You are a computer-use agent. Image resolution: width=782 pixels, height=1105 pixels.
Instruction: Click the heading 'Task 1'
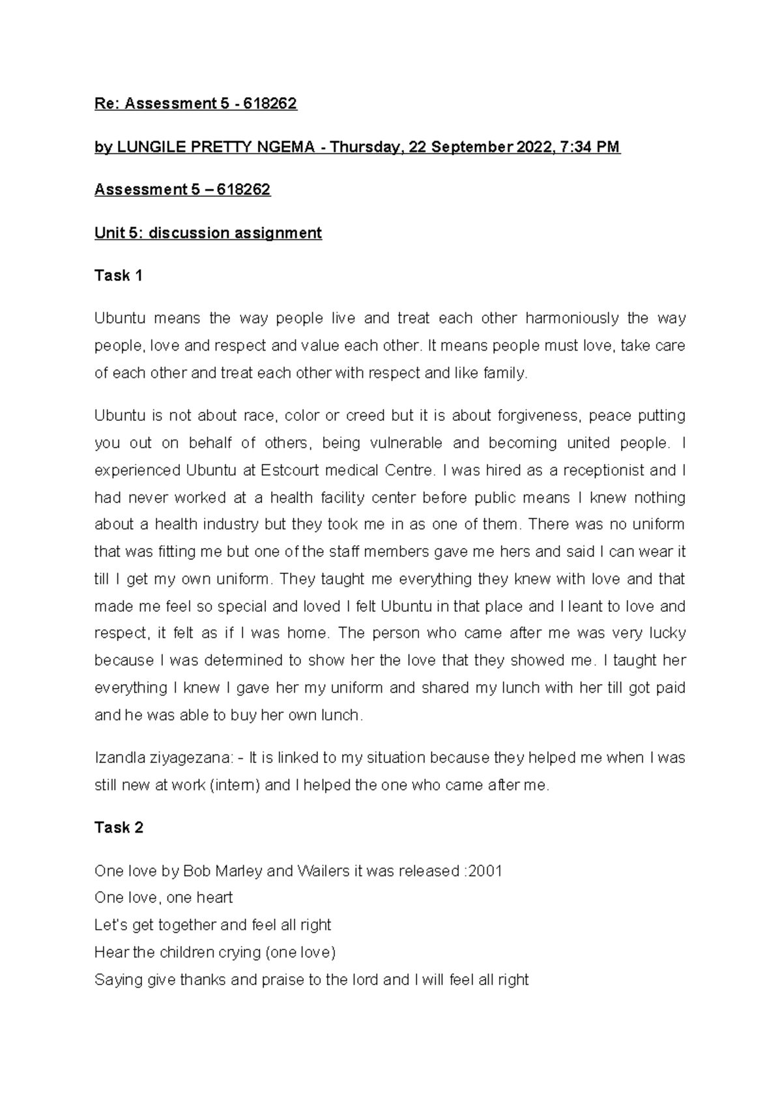pos(118,276)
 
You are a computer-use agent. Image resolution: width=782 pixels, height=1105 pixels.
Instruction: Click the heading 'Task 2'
pos(119,827)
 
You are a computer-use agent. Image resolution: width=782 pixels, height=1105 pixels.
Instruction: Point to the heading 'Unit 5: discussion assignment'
pos(208,233)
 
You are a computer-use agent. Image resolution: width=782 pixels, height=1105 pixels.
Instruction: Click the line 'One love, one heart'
pos(164,898)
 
